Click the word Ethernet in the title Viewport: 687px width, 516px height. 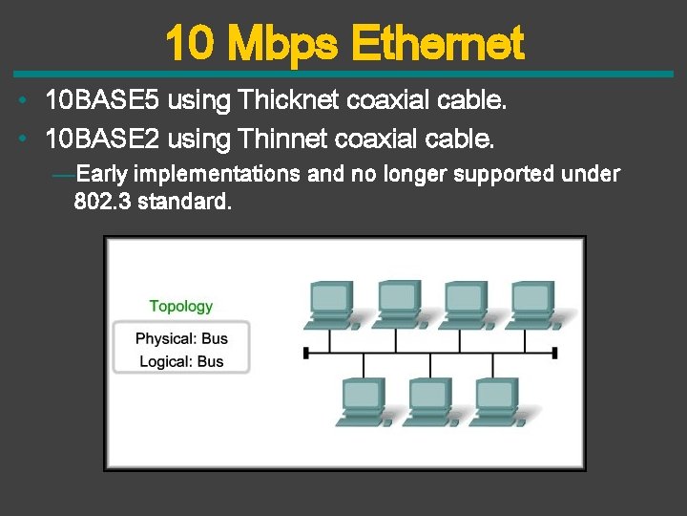point(438,43)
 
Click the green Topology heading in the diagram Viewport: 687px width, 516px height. point(181,307)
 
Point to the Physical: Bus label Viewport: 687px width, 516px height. point(181,339)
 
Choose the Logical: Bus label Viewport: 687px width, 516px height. point(181,361)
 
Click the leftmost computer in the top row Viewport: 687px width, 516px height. point(331,305)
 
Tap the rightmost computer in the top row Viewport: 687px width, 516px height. point(531,305)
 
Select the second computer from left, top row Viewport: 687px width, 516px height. point(398,305)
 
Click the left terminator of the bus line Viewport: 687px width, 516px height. point(305,353)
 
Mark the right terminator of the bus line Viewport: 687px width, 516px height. point(555,353)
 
